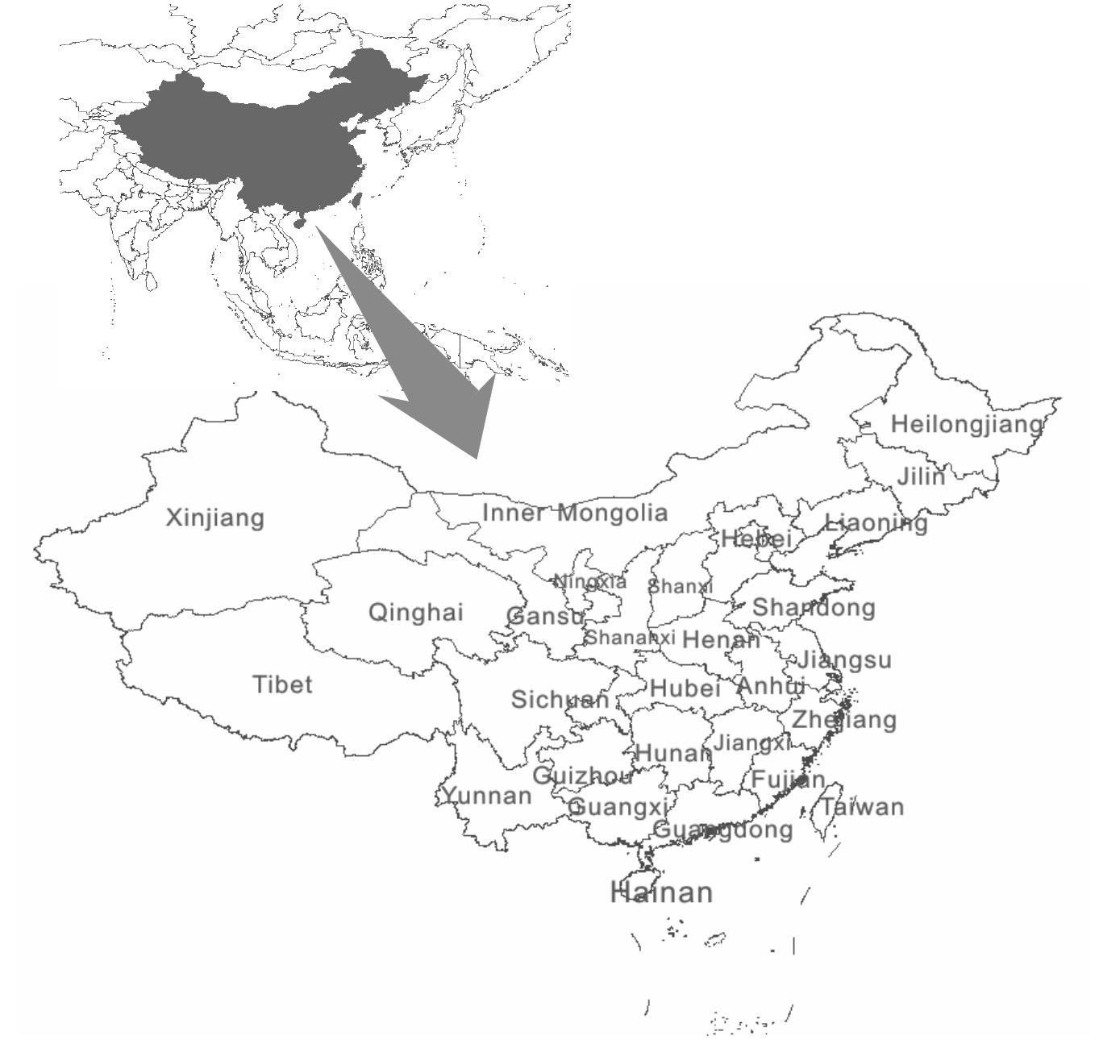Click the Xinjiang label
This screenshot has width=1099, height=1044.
pos(214,518)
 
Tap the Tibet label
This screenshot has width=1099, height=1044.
pos(282,684)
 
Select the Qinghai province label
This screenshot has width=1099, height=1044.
pos(416,613)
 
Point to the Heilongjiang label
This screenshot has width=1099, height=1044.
pos(966,424)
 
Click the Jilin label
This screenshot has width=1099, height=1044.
pos(921,476)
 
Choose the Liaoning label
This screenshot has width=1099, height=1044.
pos(876,523)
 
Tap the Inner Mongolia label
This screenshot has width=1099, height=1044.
pos(575,513)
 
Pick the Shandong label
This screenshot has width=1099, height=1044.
pos(814,607)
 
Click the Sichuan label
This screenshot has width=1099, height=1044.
pos(560,699)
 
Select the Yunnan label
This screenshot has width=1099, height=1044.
pos(487,797)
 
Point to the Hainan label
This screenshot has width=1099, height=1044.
pos(662,892)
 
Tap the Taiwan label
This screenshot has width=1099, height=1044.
pos(863,806)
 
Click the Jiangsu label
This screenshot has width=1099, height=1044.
pos(844,660)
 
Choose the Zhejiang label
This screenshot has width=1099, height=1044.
pos(843,719)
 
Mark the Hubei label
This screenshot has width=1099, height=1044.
pos(685,688)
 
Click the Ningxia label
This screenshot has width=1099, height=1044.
pos(590,581)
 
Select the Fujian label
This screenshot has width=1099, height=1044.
pos(788,780)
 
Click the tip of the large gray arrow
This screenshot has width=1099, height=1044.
pos(478,457)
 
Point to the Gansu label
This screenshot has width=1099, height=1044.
pos(544,617)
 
